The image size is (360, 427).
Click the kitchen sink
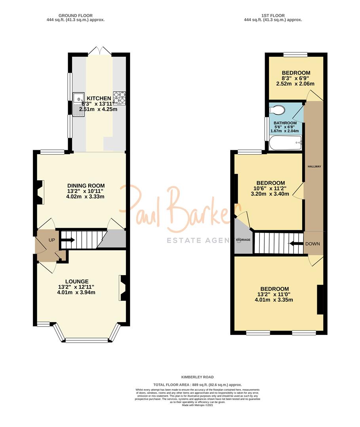click(x=79, y=104)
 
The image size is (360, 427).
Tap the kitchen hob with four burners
click(x=120, y=98)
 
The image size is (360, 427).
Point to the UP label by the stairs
click(x=52, y=240)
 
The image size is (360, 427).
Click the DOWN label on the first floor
click(x=312, y=244)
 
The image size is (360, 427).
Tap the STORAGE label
click(x=243, y=240)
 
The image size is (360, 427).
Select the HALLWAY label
click(x=315, y=166)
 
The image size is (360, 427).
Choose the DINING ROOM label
click(x=86, y=186)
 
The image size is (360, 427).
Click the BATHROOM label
click(x=285, y=123)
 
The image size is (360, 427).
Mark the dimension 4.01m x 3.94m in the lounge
click(x=76, y=293)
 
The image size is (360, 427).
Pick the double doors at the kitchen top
click(x=99, y=51)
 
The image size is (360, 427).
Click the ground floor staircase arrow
click(x=68, y=240)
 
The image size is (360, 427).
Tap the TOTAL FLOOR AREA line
click(x=197, y=385)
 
